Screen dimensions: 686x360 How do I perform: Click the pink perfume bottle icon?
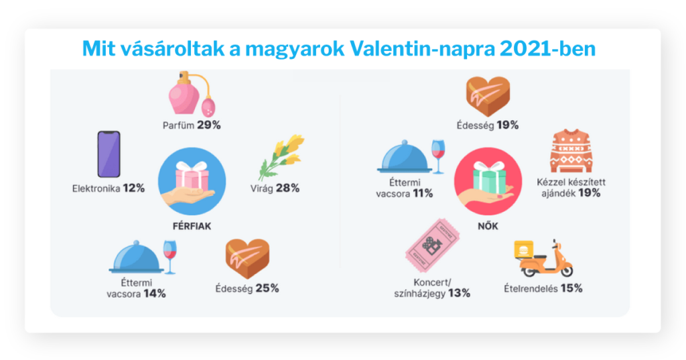192,93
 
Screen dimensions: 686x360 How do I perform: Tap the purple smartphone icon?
109,154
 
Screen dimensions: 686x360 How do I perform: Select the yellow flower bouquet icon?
281,158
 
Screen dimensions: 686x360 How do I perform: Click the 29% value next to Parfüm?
209,125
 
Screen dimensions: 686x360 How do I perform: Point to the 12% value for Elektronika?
134,188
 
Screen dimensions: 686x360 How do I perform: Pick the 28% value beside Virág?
288,188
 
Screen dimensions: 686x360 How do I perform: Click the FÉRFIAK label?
192,226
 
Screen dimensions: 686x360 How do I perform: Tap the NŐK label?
488,226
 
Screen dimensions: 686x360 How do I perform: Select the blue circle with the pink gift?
192,181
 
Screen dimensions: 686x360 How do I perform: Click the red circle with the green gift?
488,181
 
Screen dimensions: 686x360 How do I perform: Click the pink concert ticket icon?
432,245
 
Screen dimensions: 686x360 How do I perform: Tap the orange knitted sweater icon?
571,151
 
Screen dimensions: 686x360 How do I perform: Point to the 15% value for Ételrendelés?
571,288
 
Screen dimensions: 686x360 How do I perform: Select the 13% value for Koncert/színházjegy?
459,294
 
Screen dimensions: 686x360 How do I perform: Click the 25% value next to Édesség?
267,288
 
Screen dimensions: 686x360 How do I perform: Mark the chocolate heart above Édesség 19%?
488,97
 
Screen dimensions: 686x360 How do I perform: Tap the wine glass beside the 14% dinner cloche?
169,257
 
